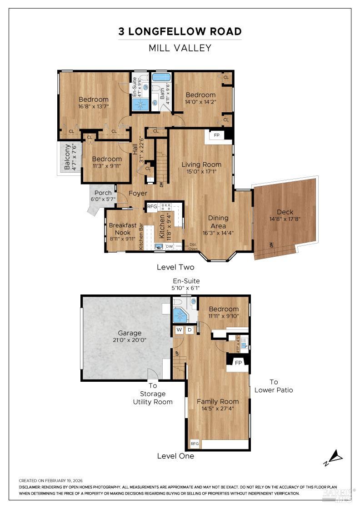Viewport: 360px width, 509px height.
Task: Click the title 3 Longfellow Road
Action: (180, 31)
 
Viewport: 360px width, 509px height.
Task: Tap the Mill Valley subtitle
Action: (180, 48)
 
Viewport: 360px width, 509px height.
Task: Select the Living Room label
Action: (201, 165)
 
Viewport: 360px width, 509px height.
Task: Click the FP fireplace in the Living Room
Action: (216, 135)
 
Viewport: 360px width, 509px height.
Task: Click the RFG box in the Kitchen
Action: (152, 207)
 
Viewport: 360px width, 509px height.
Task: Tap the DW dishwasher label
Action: (169, 246)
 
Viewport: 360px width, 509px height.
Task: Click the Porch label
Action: (103, 193)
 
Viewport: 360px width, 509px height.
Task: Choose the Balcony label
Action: (68, 157)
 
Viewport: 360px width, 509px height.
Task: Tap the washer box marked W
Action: (179, 329)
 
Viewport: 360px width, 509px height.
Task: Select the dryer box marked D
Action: (190, 329)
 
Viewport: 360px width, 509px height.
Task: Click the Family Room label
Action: (217, 401)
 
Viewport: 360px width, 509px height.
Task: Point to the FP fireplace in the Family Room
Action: (237, 362)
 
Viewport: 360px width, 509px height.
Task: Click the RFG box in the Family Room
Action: (195, 444)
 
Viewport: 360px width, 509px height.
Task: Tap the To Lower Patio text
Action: (274, 386)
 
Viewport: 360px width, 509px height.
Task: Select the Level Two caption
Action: (175, 267)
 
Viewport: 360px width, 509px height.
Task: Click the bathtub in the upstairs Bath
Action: (160, 77)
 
